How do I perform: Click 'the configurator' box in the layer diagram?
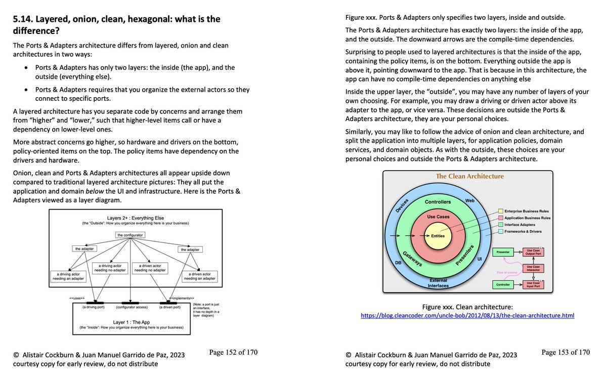pos(130,235)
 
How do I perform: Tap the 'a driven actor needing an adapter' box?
pos(200,276)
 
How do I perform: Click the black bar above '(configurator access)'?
pos(131,303)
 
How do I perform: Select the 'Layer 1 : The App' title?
pos(132,322)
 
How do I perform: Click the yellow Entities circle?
pos(438,236)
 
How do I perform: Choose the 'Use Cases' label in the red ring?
pos(438,217)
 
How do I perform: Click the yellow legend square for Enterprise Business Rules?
pos(500,211)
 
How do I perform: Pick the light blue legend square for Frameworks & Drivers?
pos(500,231)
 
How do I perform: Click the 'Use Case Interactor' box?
pos(533,268)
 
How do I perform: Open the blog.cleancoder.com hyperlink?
pos(467,316)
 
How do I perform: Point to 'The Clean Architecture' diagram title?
pos(470,176)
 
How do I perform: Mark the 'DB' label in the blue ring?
pos(398,263)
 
